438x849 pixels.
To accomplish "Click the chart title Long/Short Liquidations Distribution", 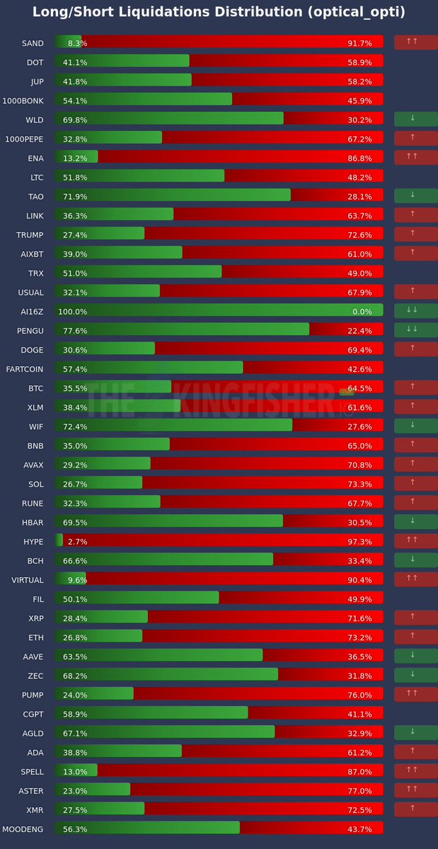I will (219, 12).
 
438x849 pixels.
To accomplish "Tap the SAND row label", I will (33, 43).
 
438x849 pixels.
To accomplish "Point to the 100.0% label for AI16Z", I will (72, 312).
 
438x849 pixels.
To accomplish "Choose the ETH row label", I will (35, 637).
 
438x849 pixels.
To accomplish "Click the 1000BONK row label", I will (24, 101).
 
